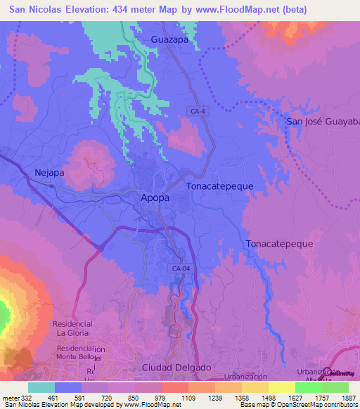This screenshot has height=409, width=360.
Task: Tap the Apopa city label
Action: [155, 198]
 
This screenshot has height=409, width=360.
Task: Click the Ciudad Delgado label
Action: [176, 368]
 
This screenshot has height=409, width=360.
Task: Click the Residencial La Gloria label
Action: [72, 327]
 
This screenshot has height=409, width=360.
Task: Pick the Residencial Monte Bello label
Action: [76, 353]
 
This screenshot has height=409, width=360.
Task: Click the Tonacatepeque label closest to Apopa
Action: [219, 186]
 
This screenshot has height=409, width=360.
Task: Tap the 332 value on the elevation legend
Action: [25, 397]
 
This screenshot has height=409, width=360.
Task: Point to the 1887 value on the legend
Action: [340, 397]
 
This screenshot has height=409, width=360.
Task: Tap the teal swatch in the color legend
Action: [41, 387]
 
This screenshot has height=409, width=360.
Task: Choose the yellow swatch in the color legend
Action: [281, 387]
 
